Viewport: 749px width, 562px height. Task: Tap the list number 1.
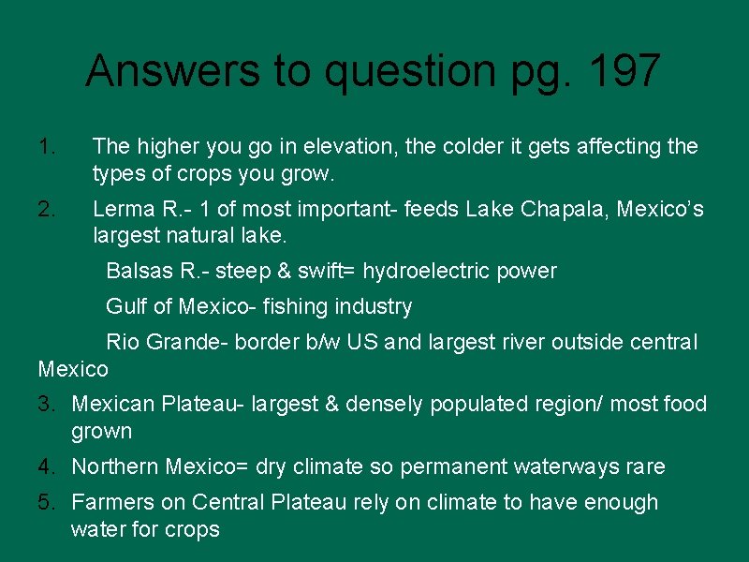click(48, 146)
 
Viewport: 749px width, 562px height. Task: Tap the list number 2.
click(48, 209)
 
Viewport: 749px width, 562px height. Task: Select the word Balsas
click(139, 272)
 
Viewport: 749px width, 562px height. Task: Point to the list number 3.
click(46, 405)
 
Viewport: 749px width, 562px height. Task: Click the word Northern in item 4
click(114, 466)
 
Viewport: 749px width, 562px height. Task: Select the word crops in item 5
click(193, 529)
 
